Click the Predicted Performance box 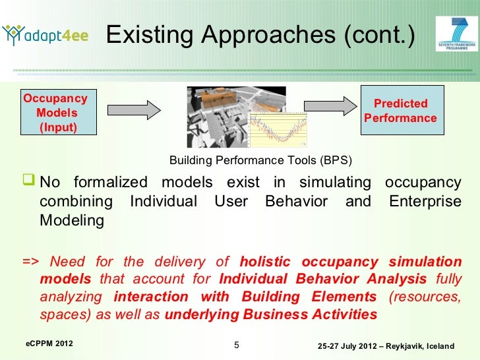400,111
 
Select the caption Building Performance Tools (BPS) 260,161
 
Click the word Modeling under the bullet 71,221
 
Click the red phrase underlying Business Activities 270,315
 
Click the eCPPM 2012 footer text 49,344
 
